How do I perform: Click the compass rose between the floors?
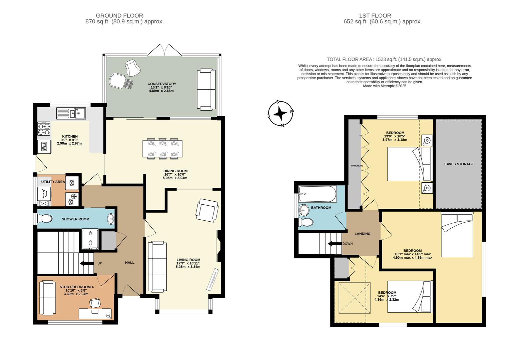click(x=281, y=114)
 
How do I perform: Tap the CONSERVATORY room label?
click(x=162, y=84)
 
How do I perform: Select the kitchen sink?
click(x=71, y=113)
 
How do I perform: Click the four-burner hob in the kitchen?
click(x=44, y=129)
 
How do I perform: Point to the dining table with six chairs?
click(x=162, y=149)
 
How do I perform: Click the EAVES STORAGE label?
click(x=459, y=164)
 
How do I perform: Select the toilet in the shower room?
click(x=45, y=219)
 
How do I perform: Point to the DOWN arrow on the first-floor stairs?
click(x=335, y=244)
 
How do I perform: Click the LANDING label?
click(x=362, y=234)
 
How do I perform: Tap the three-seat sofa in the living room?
click(x=157, y=267)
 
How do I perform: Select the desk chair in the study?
click(x=95, y=303)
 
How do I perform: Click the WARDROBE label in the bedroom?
click(x=354, y=166)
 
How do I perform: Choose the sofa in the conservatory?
click(x=205, y=89)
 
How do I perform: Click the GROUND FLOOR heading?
click(x=119, y=16)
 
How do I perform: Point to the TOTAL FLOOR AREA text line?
click(x=384, y=59)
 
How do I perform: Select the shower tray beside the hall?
click(x=90, y=239)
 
